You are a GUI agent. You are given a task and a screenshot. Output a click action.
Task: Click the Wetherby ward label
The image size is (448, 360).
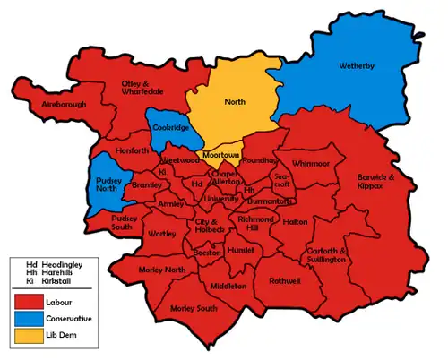coord(362,66)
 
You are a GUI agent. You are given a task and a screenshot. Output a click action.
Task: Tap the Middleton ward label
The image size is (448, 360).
coord(228,286)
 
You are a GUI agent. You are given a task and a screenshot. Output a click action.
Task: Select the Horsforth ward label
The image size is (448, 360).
coord(132,150)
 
